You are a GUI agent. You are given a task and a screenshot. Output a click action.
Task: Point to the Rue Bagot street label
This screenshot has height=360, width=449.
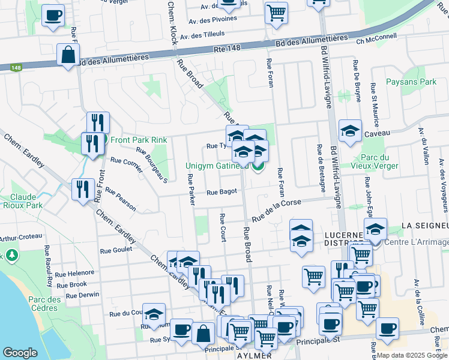(x=221, y=192)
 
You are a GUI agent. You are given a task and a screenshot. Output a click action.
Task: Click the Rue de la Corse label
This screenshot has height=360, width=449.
(x=276, y=211)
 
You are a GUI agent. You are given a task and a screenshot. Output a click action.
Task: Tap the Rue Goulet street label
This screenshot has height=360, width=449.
(x=116, y=251)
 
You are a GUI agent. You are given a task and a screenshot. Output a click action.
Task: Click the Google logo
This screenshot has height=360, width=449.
(x=20, y=353)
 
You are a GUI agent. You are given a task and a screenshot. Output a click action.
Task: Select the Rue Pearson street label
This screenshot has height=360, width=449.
(x=121, y=200)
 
